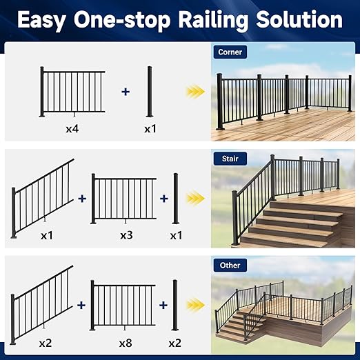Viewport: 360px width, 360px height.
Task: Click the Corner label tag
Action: pyautogui.click(x=229, y=52)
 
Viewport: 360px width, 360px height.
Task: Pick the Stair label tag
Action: pyautogui.click(x=229, y=159)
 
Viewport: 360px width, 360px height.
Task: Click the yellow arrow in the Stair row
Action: pyautogui.click(x=197, y=199)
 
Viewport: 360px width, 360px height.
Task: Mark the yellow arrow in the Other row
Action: pyautogui.click(x=197, y=305)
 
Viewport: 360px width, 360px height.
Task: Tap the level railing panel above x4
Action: pyautogui.click(x=72, y=91)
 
